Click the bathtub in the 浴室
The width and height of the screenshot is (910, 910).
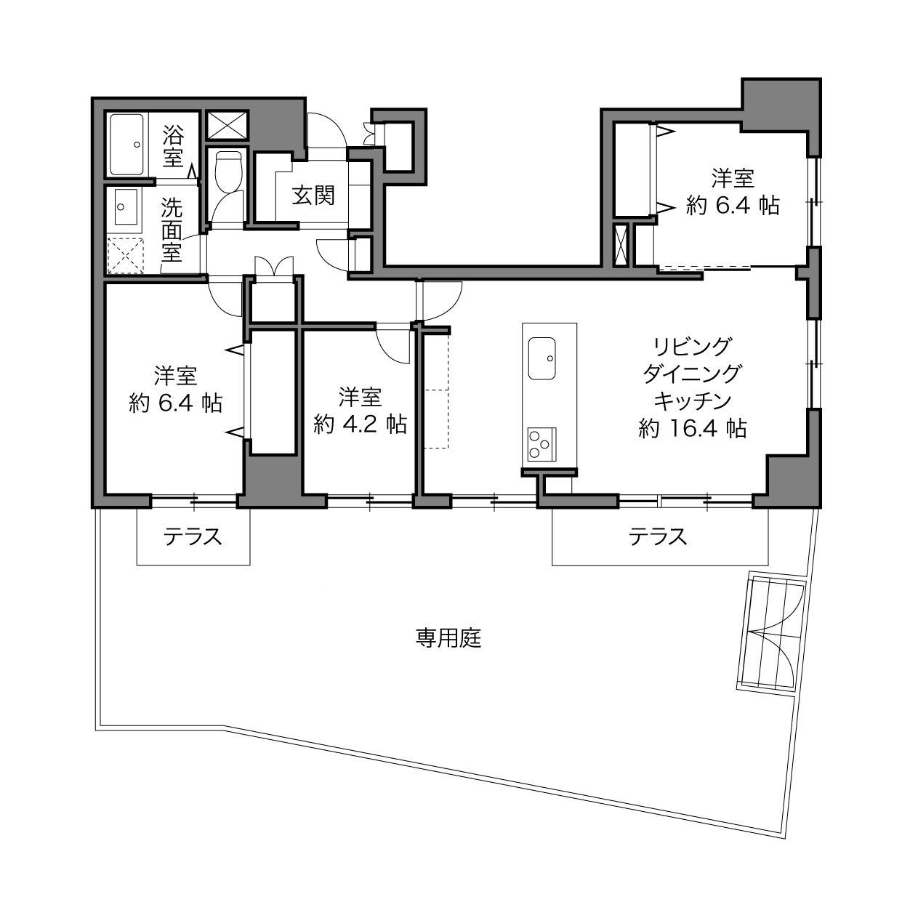tap(126, 145)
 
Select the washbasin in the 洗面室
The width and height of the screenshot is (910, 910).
tap(126, 207)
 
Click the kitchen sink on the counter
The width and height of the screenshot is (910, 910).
tap(541, 358)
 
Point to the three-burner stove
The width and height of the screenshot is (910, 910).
tap(541, 444)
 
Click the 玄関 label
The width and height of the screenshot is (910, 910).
tap(313, 195)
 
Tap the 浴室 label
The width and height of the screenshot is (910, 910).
tap(173, 146)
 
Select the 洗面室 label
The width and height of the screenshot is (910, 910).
tap(172, 230)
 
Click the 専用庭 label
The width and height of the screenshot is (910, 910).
tap(448, 638)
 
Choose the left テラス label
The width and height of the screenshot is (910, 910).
tap(193, 537)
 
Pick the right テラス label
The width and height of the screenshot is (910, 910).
tap(658, 537)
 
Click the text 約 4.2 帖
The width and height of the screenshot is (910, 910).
tap(360, 424)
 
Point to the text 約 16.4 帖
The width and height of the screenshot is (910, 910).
tap(693, 428)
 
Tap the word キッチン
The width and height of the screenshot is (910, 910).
tap(693, 401)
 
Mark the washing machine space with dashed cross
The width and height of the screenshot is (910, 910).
tap(125, 255)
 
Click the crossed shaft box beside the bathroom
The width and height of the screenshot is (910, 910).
tap(227, 126)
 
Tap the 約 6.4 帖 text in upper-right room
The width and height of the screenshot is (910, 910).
tap(733, 206)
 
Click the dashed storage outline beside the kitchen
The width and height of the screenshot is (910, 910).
tap(436, 390)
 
